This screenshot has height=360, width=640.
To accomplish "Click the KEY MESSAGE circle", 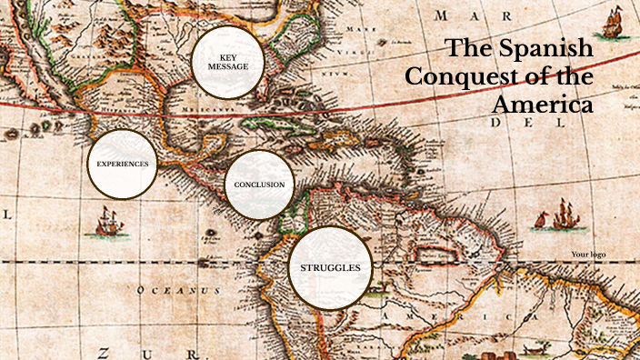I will pyautogui.click(x=227, y=62).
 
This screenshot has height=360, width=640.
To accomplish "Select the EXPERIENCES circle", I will pyautogui.click(x=122, y=164).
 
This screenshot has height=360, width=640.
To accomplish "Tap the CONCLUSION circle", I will pyautogui.click(x=259, y=185).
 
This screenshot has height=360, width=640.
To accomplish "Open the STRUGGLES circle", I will pyautogui.click(x=330, y=267).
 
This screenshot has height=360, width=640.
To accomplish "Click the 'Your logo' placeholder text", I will pyautogui.click(x=588, y=255).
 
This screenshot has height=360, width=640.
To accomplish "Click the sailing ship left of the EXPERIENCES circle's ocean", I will pyautogui.click(x=108, y=220).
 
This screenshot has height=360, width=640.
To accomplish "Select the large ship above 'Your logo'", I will pyautogui.click(x=564, y=216).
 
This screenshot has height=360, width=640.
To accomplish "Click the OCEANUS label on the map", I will pyautogui.click(x=178, y=290).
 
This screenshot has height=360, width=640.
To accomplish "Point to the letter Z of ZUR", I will pyautogui.click(x=105, y=352).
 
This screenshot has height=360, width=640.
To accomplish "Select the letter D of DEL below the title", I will pyautogui.click(x=497, y=121).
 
